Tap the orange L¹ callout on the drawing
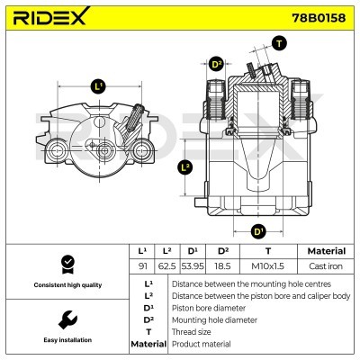[x=98, y=86]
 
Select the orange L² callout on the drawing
[x=185, y=166]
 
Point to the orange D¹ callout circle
[x=259, y=231]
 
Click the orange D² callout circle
[x=216, y=64]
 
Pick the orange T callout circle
[x=279, y=43]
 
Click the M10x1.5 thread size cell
[x=267, y=266]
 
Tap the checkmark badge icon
[x=65, y=264]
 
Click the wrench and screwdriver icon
[x=65, y=319]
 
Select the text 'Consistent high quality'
[x=65, y=285]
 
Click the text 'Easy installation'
[x=65, y=341]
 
